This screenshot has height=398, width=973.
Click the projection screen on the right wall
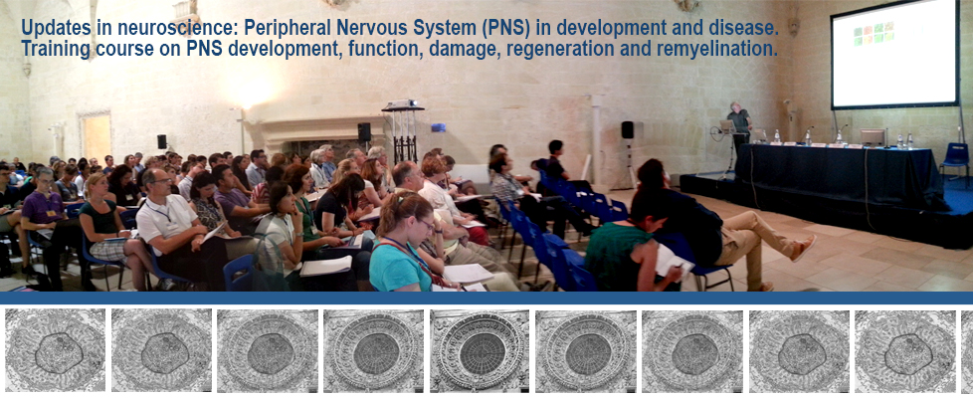pos(894,54)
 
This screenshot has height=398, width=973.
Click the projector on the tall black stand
pos(402,104)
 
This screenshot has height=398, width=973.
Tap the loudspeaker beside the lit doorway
pos(161,141)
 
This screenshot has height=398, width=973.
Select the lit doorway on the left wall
pos(97,136)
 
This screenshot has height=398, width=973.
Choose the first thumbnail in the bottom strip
pos(55,350)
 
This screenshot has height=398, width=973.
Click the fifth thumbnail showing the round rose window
pos(481,350)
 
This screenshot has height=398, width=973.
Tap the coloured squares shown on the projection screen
pos(874,34)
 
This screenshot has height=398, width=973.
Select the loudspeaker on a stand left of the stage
pos(627,129)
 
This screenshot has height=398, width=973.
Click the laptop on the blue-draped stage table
pos(872,136)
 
